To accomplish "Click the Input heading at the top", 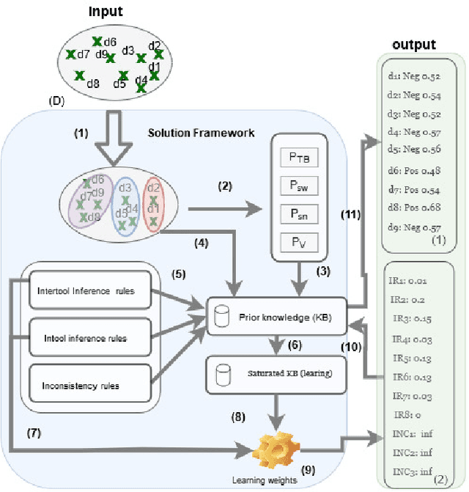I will tap(105, 12).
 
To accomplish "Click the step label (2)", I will tap(226, 186).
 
